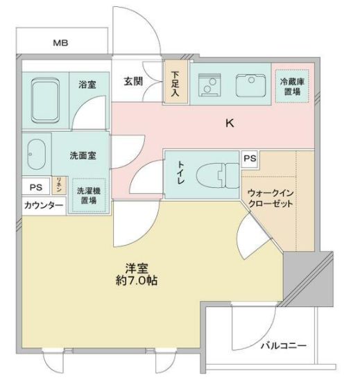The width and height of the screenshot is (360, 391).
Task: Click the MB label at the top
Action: click(61, 43)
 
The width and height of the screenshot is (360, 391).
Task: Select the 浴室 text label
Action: click(86, 85)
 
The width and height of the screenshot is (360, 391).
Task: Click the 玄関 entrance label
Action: click(133, 80)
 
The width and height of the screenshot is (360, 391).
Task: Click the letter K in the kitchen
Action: click(228, 125)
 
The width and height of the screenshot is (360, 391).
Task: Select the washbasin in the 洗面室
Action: click(35, 153)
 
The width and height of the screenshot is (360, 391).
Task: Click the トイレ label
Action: click(181, 172)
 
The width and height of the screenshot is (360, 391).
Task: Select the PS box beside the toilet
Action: click(250, 159)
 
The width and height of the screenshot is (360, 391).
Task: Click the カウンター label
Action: click(43, 206)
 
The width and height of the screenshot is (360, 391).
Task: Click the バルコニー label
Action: click(283, 345)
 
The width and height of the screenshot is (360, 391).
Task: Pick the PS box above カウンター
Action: click(35, 186)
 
